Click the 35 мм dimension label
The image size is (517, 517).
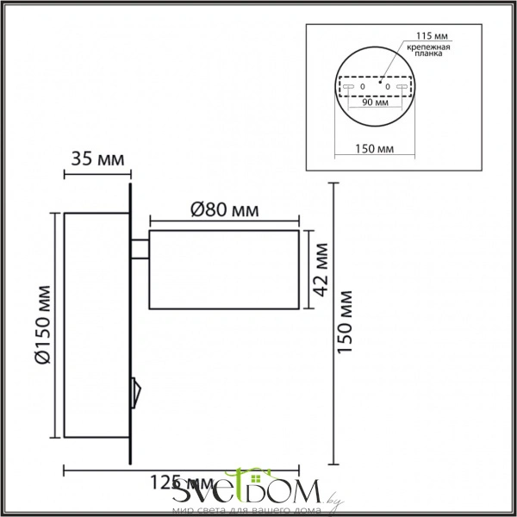[96, 159]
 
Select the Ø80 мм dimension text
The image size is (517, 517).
[223, 209]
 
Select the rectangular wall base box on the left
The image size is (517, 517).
[96, 326]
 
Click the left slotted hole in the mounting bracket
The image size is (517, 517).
[347, 88]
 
